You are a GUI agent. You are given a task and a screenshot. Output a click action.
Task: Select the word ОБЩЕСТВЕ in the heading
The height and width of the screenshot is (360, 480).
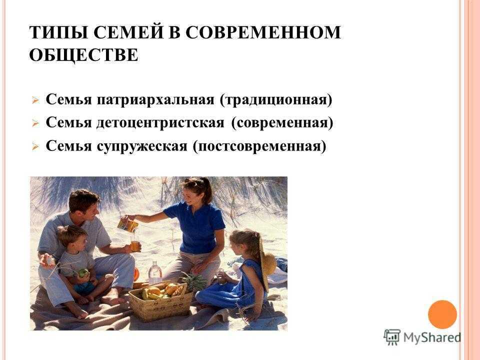[83, 55]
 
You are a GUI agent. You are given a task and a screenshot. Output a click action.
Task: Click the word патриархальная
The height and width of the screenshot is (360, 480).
[155, 100]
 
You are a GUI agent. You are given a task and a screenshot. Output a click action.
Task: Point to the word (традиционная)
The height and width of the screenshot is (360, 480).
[276, 100]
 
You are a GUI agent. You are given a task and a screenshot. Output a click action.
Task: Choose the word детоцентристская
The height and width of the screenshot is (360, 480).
[160, 123]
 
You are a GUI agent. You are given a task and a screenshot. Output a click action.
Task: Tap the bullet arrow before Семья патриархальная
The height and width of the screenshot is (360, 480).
[35, 100]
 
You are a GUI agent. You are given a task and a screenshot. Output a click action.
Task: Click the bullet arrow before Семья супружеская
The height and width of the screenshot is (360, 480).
[35, 147]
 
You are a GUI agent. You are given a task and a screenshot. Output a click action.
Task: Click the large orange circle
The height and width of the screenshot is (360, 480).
[442, 314]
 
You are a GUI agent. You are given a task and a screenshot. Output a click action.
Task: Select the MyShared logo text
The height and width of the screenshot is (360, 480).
[432, 337]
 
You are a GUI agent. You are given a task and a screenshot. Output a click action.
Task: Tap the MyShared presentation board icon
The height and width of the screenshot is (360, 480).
[392, 337]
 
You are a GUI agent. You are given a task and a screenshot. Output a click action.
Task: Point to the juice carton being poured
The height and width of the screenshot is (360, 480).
[128, 224]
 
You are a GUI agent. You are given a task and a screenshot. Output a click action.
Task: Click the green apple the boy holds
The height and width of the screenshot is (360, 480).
[83, 272]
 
